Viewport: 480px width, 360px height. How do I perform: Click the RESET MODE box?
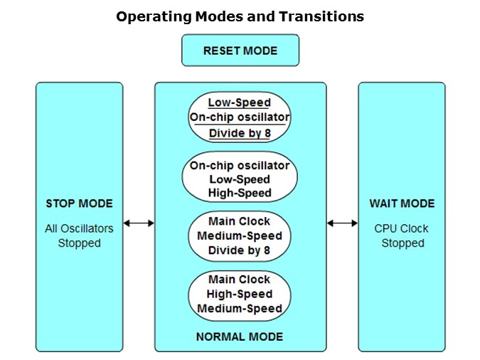pyautogui.click(x=240, y=51)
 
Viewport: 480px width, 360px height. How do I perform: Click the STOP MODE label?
pyautogui.click(x=79, y=203)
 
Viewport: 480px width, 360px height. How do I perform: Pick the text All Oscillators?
pyautogui.click(x=79, y=228)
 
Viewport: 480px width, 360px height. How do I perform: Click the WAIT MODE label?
pyautogui.click(x=402, y=203)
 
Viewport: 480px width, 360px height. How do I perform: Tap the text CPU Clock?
pyautogui.click(x=402, y=228)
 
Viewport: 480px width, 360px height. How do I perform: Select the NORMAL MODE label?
pyautogui.click(x=240, y=337)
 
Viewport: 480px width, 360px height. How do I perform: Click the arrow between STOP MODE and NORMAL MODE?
pyautogui.click(x=139, y=223)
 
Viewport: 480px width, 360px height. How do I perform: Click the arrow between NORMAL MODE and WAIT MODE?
pyautogui.click(x=342, y=223)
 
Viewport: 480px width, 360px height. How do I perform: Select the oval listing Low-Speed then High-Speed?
pyautogui.click(x=240, y=178)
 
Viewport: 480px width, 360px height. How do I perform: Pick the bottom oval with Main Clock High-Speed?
pyautogui.click(x=240, y=294)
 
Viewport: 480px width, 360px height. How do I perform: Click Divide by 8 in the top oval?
pyautogui.click(x=240, y=133)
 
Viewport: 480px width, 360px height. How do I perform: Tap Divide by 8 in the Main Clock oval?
pyautogui.click(x=240, y=250)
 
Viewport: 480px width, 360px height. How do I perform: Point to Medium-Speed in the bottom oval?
pyautogui.click(x=240, y=308)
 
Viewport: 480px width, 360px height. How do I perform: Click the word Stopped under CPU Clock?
pyautogui.click(x=402, y=243)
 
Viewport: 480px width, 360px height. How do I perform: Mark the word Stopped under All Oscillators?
pyautogui.click(x=79, y=243)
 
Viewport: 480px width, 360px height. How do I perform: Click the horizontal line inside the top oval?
pyautogui.click(x=240, y=125)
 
